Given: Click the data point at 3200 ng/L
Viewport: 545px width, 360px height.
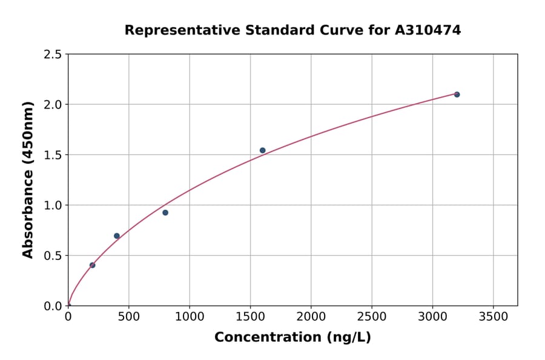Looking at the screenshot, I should point(457,95).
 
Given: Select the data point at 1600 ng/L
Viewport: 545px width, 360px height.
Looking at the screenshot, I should point(262,150).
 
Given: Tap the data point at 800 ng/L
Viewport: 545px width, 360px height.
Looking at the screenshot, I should point(165,213).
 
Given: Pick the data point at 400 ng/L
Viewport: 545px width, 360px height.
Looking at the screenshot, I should point(117,236).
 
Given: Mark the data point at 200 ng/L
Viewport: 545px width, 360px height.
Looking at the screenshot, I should point(92,265).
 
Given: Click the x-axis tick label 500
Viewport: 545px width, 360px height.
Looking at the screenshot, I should point(128,316).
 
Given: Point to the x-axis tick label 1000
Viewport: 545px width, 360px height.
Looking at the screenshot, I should point(190,316).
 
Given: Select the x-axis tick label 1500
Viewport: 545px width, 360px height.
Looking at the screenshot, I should point(250,316).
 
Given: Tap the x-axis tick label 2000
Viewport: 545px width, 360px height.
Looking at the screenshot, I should point(311,316).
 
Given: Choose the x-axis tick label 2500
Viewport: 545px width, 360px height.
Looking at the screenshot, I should point(372,316).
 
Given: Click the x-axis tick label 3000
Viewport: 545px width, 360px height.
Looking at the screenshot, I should point(432,316).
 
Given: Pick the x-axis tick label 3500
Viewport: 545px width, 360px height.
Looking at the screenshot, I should point(493,316).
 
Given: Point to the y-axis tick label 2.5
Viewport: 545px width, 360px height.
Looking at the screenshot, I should point(53,55).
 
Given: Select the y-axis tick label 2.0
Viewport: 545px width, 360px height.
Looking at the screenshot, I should point(53,105).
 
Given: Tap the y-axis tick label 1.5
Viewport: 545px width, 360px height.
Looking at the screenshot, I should point(53,155).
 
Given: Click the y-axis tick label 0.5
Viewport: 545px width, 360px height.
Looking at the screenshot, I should point(53,256).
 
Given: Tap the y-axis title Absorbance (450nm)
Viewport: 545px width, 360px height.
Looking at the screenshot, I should point(28,179).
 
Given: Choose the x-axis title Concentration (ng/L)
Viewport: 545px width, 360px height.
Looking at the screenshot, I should point(292,338).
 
